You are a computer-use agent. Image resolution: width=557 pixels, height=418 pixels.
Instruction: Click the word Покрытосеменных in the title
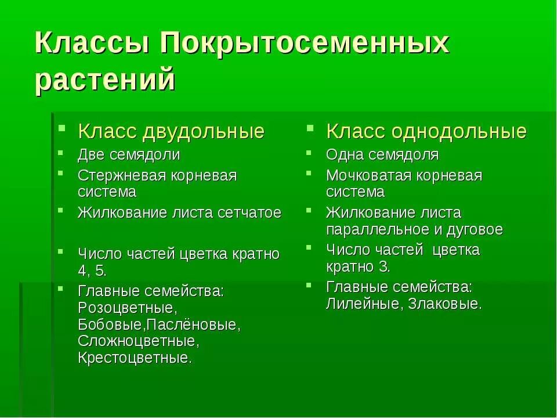point(305,44)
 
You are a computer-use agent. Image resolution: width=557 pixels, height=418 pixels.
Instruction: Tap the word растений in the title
point(105,80)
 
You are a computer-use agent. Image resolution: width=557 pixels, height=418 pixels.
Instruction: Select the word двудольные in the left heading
point(203,132)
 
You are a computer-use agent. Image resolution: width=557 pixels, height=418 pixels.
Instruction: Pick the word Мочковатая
point(369,175)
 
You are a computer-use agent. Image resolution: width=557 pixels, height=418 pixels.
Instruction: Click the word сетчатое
point(249,212)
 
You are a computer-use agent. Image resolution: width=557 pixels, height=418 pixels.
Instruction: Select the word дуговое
point(474,229)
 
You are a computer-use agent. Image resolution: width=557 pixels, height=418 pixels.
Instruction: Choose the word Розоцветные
point(126,307)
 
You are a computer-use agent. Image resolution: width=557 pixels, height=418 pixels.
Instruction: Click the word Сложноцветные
point(135,340)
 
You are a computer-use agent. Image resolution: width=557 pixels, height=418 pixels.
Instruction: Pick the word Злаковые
point(444,304)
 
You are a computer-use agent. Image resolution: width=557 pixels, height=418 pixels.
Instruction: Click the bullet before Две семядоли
point(62,154)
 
